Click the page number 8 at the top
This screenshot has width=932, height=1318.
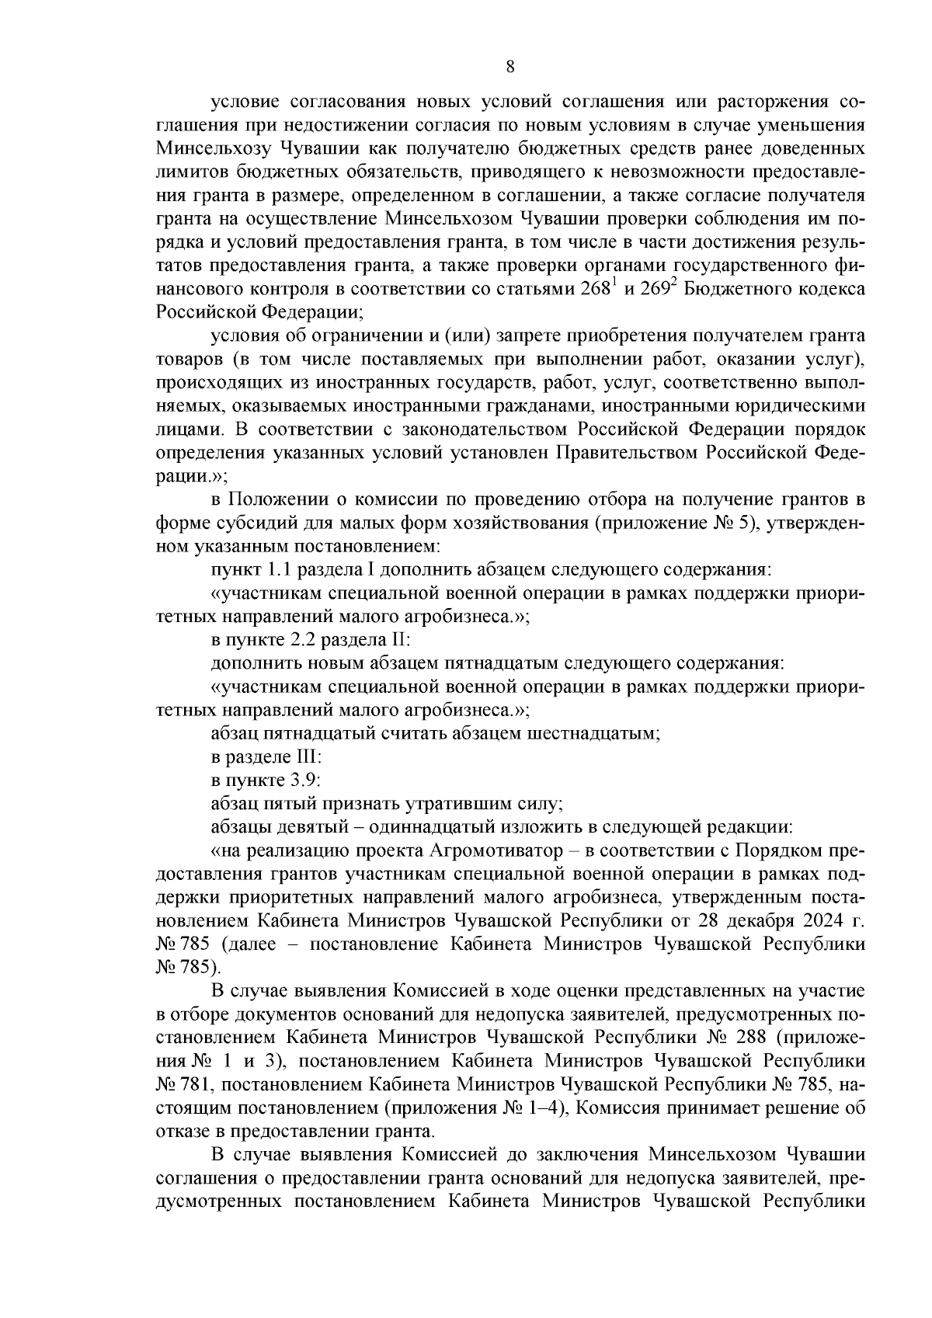coord(509,67)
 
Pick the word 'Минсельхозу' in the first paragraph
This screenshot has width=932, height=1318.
coord(212,148)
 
